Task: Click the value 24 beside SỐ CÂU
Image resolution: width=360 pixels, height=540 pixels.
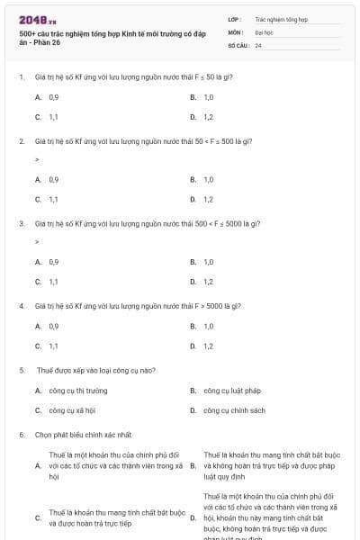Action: coord(258,44)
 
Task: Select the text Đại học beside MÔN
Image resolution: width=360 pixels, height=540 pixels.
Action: coord(265,31)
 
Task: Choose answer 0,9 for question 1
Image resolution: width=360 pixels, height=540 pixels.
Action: coord(54,96)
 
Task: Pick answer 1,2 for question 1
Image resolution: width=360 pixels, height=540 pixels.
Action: coord(208,117)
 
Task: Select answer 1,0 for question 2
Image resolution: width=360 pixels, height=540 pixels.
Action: coord(208,179)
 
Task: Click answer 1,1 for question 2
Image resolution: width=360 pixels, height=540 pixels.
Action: coord(54,199)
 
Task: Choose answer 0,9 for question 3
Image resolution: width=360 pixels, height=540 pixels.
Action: coord(54,261)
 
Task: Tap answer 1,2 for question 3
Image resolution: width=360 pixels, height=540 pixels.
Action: coord(208,282)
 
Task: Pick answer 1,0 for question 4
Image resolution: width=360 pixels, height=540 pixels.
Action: coord(208,326)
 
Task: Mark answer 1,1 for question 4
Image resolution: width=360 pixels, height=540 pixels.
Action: coord(54,346)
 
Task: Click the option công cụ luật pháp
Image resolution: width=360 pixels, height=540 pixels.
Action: coord(231,391)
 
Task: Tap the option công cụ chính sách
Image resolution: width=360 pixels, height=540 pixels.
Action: coord(233,410)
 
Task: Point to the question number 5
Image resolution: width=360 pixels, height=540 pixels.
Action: coord(21,369)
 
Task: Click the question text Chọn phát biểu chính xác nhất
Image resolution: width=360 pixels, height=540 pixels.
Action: coord(83,435)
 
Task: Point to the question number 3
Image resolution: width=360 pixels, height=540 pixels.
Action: coord(21,222)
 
